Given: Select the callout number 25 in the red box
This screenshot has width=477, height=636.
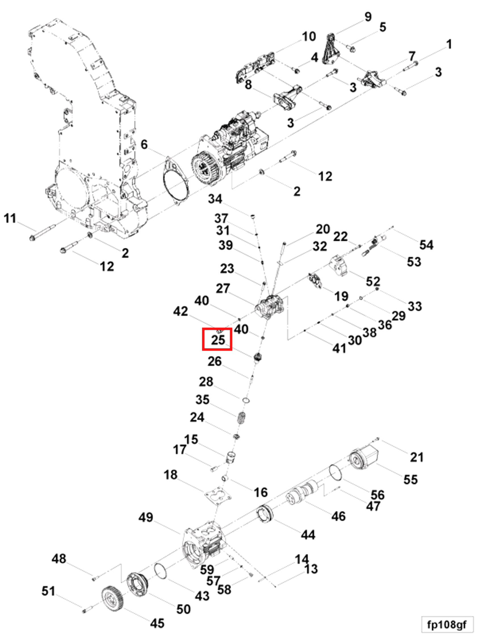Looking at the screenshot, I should click(x=218, y=340).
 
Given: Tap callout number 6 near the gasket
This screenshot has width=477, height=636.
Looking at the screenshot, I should click(x=144, y=144).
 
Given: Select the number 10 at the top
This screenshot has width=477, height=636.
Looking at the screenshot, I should click(x=309, y=37).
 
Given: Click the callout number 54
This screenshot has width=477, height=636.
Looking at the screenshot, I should click(x=426, y=245).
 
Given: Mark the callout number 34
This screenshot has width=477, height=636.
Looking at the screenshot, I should click(x=215, y=199).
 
